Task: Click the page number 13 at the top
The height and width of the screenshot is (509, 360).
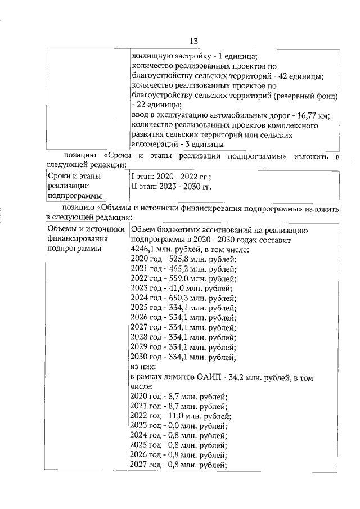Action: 193,41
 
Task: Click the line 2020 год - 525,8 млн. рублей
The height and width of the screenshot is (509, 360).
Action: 183,259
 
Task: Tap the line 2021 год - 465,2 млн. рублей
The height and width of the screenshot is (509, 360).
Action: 183,269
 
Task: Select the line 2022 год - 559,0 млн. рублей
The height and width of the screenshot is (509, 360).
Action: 183,279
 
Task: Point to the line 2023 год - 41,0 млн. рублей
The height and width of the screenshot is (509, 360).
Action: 181,289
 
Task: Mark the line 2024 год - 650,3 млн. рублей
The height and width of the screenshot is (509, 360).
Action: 183,299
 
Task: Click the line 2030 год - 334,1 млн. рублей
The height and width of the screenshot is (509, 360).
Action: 183,357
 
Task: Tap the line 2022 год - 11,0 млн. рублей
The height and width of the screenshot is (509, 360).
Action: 181,417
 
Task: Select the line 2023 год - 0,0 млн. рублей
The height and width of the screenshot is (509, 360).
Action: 178,426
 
